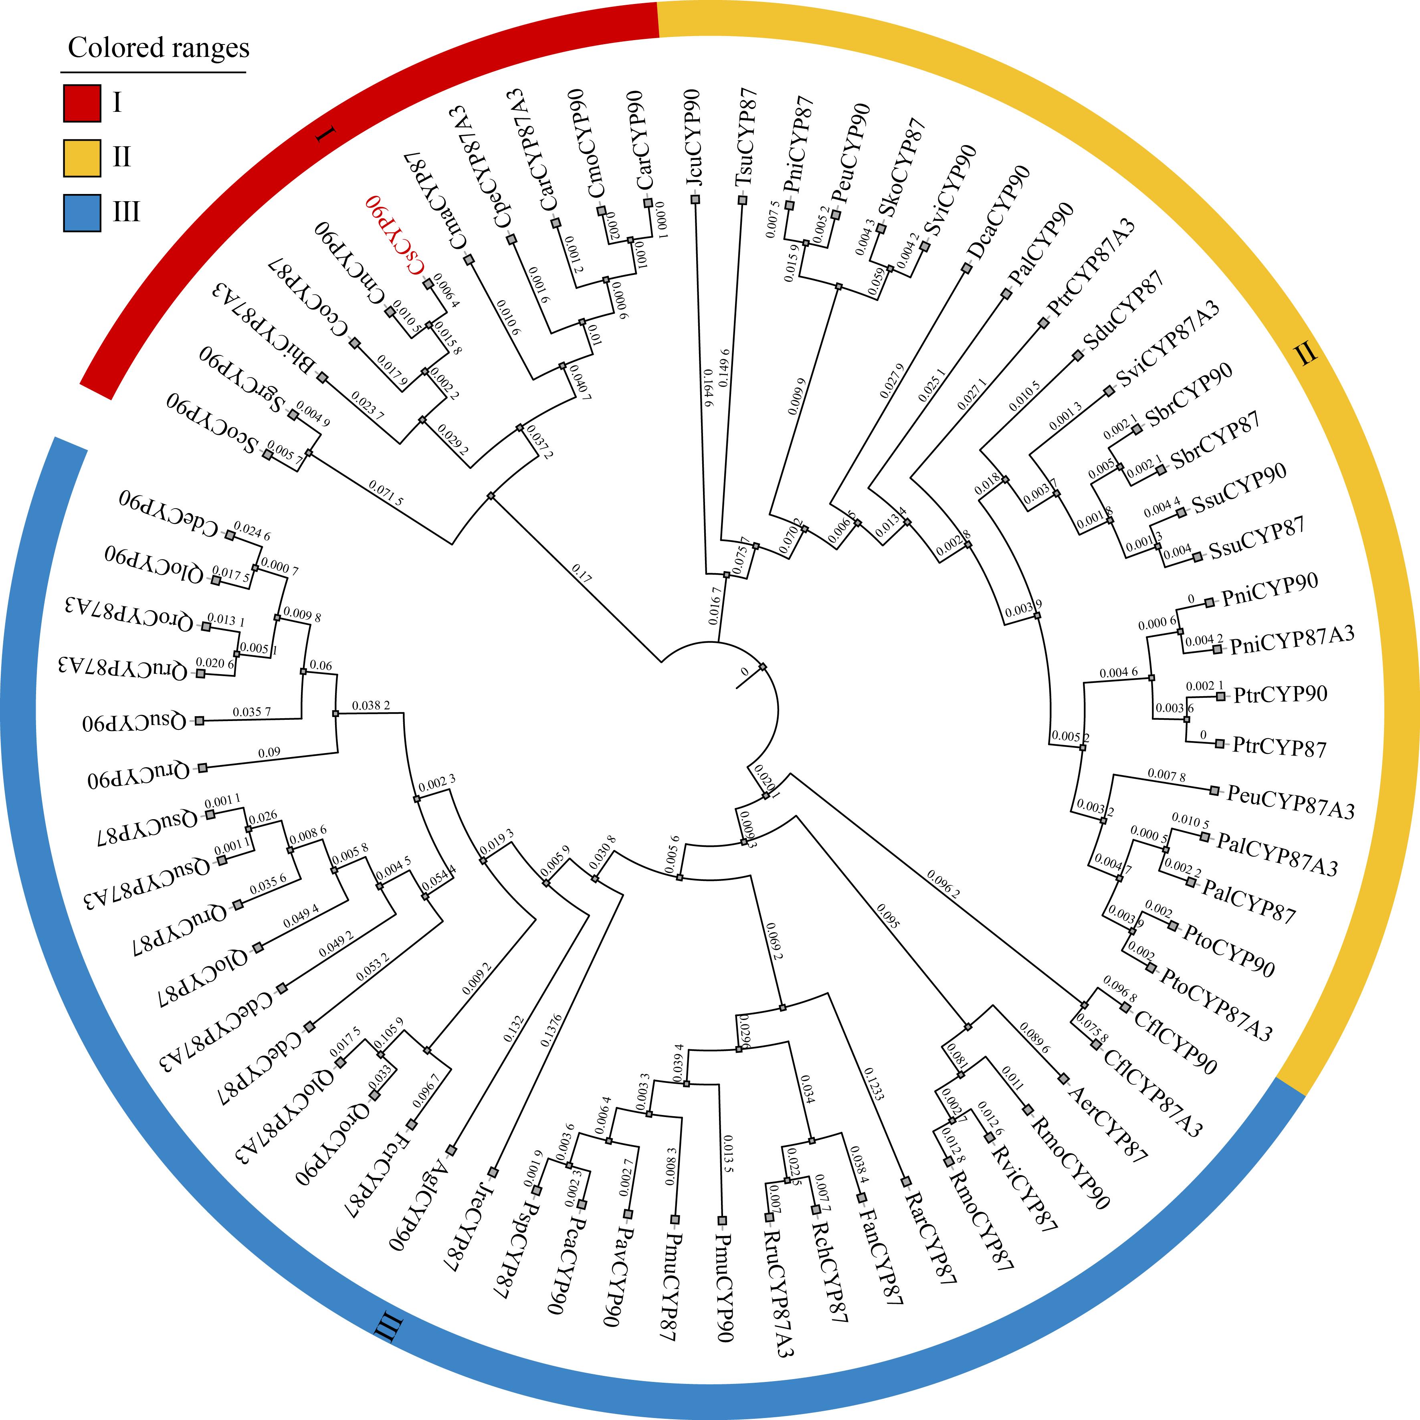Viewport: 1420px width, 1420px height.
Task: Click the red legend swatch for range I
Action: coord(82,103)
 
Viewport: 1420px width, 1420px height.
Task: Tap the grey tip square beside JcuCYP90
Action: coord(695,200)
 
